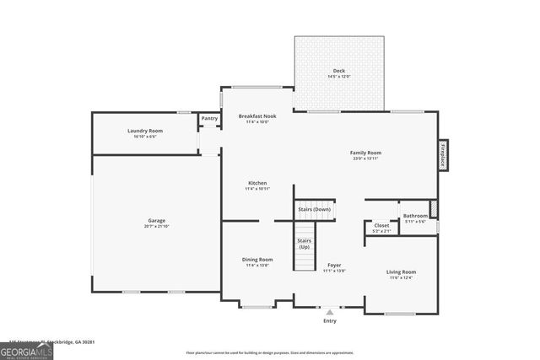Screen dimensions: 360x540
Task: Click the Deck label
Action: pos(338,71)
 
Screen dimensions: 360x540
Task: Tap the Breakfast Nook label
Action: pos(256,116)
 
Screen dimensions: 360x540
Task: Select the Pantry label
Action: pos(209,119)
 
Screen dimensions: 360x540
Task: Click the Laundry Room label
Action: pos(145,131)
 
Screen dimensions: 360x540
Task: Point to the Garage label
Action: pos(157,221)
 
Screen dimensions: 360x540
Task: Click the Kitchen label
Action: pos(257,183)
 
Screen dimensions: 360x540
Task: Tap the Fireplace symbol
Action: pos(441,156)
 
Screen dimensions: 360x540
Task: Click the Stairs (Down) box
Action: pos(315,209)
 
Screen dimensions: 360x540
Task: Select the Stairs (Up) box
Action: pos(304,245)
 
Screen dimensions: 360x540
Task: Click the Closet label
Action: pos(381,225)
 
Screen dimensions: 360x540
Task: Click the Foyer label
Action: pos(334,266)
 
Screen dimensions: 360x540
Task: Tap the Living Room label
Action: pos(402,271)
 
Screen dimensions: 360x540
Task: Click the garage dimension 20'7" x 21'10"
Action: pos(157,226)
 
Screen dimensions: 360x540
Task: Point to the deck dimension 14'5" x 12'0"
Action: pos(338,77)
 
